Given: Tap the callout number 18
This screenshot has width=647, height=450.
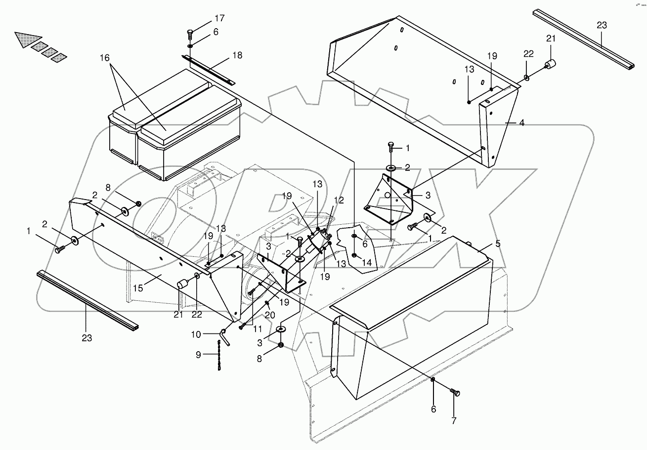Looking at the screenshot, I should click(x=237, y=55).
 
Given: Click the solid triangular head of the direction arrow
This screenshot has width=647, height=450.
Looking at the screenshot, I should click(x=23, y=40).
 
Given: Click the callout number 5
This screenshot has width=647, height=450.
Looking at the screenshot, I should click(x=498, y=244).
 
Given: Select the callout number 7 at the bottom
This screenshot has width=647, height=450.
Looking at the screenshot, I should click(x=454, y=421).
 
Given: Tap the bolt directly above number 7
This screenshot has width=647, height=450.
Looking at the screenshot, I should click(x=455, y=393).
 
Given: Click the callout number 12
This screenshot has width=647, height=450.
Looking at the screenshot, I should click(x=339, y=200).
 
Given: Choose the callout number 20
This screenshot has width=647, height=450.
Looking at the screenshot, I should click(x=271, y=315).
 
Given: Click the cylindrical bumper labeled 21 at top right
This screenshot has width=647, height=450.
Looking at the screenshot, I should click(x=550, y=65).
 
